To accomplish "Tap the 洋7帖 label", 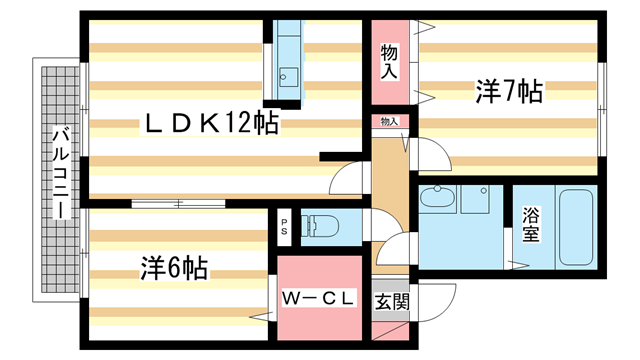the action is click(x=508, y=92).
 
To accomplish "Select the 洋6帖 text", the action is click(x=174, y=268).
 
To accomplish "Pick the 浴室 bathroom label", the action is click(x=530, y=224).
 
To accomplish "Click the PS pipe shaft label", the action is click(x=284, y=224).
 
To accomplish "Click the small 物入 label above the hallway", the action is click(x=389, y=122).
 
